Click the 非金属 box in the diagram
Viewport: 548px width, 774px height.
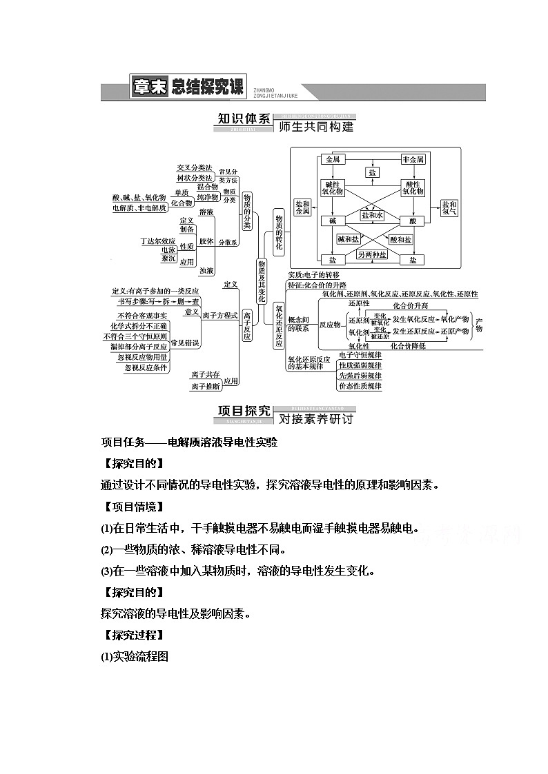(413, 159)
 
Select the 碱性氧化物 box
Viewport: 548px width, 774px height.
(332, 187)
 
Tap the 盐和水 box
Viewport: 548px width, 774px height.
(372, 215)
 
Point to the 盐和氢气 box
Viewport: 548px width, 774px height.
(449, 208)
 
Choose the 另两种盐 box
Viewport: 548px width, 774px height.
(372, 254)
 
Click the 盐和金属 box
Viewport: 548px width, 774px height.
(302, 208)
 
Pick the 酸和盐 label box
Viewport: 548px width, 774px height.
(400, 239)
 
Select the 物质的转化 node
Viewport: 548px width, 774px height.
(279, 232)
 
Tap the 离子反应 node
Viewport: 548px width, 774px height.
(247, 324)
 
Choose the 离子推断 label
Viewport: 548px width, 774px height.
(206, 387)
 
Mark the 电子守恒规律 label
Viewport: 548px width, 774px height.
(360, 355)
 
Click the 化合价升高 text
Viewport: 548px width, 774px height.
(410, 305)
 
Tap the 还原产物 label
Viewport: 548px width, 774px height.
(455, 332)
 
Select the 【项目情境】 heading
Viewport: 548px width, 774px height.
(132, 507)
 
